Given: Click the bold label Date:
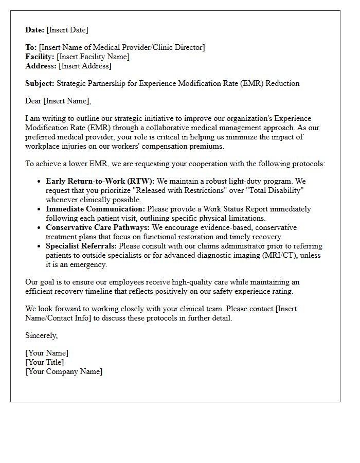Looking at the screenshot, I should pyautogui.click(x=34, y=30).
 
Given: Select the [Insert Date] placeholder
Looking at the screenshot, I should pyautogui.click(x=67, y=30).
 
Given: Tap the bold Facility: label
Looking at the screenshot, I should pyautogui.click(x=40, y=57).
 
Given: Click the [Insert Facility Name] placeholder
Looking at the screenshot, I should pyautogui.click(x=93, y=57).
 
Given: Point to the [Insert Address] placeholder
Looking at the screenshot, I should pyautogui.click(x=85, y=66).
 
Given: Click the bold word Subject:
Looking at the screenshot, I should pyautogui.click(x=40, y=83).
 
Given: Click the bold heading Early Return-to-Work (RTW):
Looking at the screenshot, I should pyautogui.click(x=100, y=181).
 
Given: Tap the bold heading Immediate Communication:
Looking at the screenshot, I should pyautogui.click(x=96, y=209).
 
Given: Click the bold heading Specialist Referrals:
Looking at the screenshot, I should pyautogui.click(x=81, y=246).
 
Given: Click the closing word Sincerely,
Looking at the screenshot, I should pyautogui.click(x=42, y=335).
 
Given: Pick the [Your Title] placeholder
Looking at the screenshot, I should pyautogui.click(x=45, y=362).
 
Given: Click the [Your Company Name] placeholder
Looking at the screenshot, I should pyautogui.click(x=64, y=371).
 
